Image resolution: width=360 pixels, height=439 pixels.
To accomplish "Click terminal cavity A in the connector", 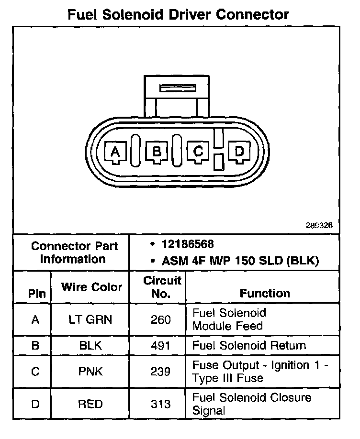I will click(115, 153).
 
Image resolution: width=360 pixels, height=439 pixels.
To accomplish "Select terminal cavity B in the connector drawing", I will click(157, 153).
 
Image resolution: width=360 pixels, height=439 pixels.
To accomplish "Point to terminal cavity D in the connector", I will click(239, 152).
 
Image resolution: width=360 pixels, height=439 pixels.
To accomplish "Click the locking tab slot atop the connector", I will click(178, 89).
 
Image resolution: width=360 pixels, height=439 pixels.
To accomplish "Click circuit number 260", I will click(160, 319).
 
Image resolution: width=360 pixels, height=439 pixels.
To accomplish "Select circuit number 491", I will click(160, 345).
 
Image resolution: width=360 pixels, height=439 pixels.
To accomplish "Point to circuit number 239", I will click(160, 372).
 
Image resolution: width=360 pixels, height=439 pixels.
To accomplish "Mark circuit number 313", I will click(160, 404).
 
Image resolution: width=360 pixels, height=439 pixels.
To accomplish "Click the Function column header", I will click(265, 293).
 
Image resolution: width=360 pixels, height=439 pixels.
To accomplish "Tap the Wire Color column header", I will click(91, 287).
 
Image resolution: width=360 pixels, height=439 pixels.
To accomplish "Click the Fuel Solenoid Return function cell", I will click(249, 345).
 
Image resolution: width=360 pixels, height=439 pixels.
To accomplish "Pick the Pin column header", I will click(37, 294).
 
